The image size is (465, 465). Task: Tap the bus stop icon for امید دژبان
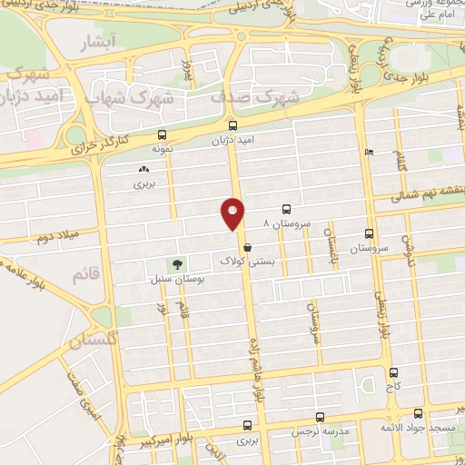(233, 126)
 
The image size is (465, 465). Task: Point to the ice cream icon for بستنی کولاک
(246, 246)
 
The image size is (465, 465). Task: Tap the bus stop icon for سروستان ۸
(287, 208)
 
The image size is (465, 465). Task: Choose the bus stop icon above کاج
(393, 371)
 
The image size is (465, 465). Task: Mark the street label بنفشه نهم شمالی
(432, 193)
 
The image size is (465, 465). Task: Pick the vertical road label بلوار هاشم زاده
(256, 372)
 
